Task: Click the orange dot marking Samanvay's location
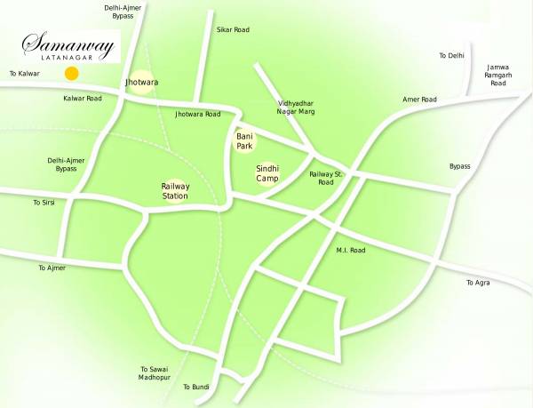tap(71, 73)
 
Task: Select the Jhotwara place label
tap(142, 82)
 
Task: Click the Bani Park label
tap(245, 140)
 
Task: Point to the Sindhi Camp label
tap(268, 172)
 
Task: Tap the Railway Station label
tap(174, 191)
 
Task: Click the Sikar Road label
tap(234, 29)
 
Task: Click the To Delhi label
tap(452, 56)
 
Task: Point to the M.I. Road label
tap(351, 251)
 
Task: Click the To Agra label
tap(478, 283)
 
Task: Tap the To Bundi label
tap(195, 387)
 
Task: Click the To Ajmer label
tap(52, 267)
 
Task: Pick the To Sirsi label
tap(44, 203)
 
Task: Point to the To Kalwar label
tap(24, 73)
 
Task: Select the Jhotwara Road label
tap(197, 115)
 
